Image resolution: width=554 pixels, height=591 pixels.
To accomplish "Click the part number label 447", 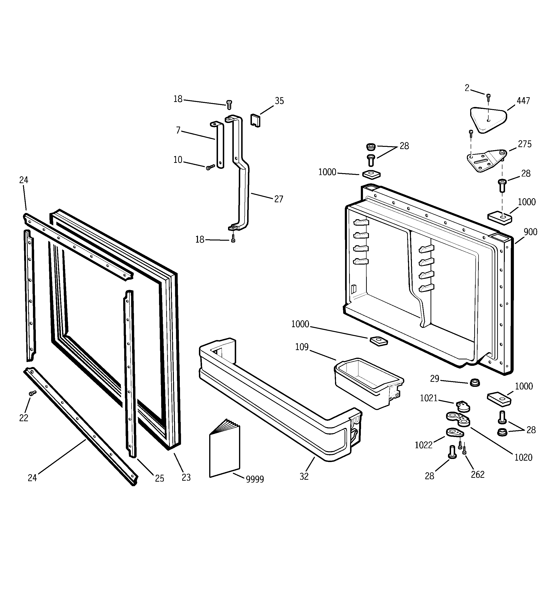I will tap(523, 101).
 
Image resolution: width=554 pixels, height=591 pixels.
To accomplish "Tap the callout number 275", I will tap(525, 144).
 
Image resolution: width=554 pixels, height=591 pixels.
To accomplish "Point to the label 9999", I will tap(255, 479).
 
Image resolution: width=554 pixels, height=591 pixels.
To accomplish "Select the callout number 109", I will tap(302, 347).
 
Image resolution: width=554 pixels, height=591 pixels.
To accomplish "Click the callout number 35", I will tap(279, 101).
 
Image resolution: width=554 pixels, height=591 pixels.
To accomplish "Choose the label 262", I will tap(478, 475).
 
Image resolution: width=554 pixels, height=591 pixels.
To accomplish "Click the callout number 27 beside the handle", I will tap(279, 199).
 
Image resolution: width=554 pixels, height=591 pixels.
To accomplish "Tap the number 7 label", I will tap(178, 130).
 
